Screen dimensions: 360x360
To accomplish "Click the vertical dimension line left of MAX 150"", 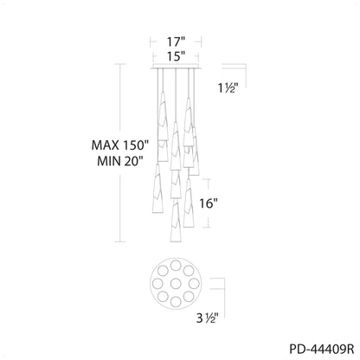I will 120,156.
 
